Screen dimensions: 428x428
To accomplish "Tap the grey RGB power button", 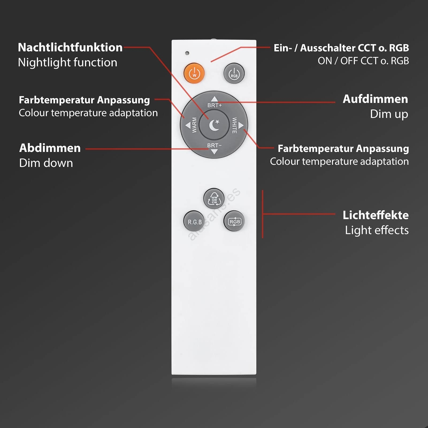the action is pos(234,73).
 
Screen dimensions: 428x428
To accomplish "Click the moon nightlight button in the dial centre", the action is pos(214,125).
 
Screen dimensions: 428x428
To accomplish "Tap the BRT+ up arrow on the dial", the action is pos(214,99).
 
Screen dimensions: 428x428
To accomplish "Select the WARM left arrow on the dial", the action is pos(188,125).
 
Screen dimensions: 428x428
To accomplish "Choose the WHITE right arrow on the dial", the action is pos(241,125).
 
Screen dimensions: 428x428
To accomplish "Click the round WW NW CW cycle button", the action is pos(214,198).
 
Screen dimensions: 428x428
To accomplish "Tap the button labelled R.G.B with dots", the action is pos(194,221).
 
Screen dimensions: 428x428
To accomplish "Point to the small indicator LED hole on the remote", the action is pos(187,53).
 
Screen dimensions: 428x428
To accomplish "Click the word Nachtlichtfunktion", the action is pos(70,47).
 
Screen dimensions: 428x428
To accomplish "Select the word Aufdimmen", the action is pos(375,99).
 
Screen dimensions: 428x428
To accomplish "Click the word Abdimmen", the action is pos(50,148).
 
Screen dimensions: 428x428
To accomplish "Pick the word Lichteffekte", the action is pos(376,215).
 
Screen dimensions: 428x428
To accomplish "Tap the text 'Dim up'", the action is pos(389,114).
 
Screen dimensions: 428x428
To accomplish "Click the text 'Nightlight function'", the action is pos(68,63).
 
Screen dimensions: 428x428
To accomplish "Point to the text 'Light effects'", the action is pos(377,230).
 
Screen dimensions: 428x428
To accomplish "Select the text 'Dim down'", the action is pos(46,163).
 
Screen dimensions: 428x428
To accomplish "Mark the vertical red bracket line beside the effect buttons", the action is pos(263,214).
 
